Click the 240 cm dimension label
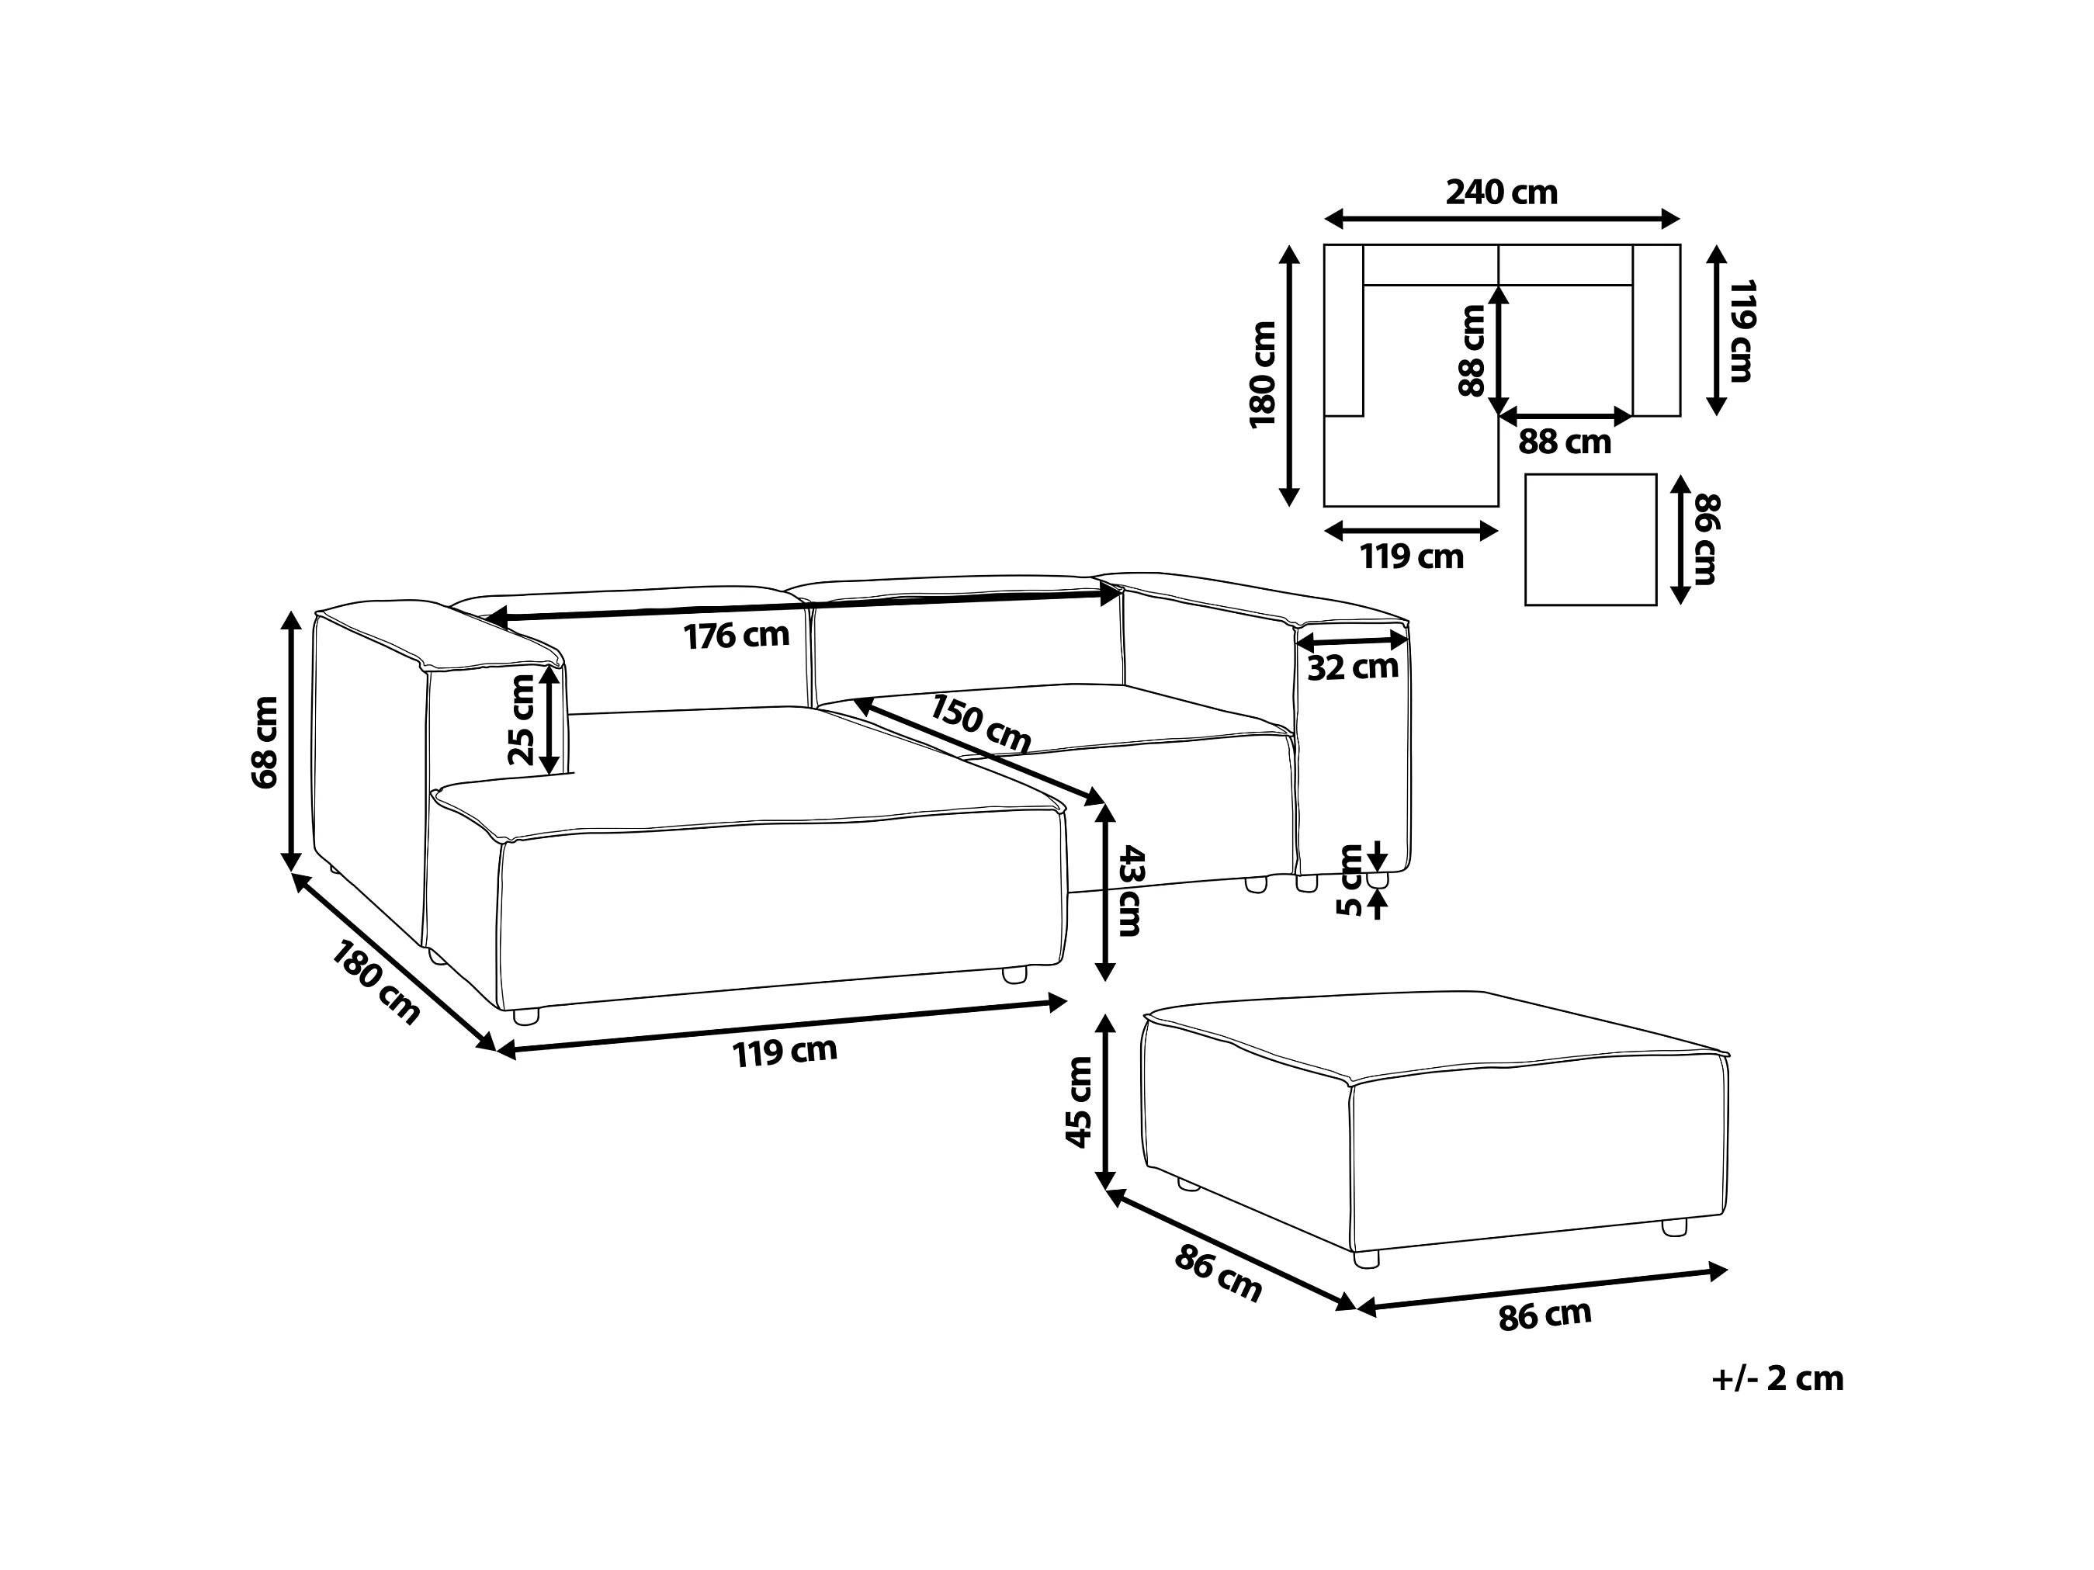(x=1500, y=193)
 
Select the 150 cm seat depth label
(x=979, y=724)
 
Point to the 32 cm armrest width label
(x=1353, y=668)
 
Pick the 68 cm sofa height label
(x=265, y=742)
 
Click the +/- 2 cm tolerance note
(x=1777, y=1378)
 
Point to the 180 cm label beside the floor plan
(x=1263, y=375)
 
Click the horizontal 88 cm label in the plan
(x=1564, y=442)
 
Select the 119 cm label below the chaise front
(x=785, y=1052)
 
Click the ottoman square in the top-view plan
(x=1590, y=539)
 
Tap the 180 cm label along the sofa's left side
(x=375, y=983)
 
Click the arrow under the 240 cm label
(x=1500, y=220)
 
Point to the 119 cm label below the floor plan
(x=1412, y=556)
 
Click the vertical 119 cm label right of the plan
(x=1740, y=331)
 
